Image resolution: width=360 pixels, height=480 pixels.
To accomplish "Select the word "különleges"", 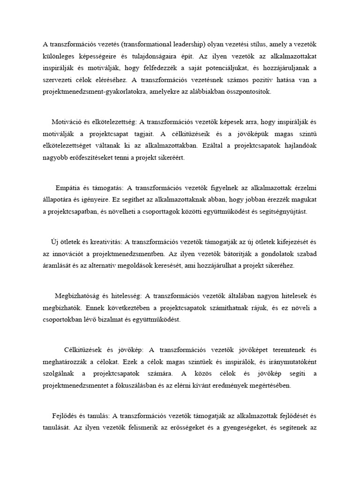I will coord(59,56).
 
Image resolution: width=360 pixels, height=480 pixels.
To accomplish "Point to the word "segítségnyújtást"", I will coord(280,211).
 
